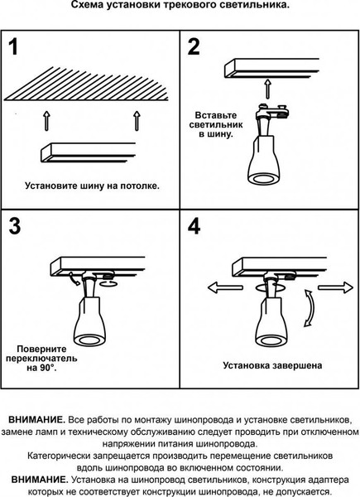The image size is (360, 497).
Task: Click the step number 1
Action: click(x=14, y=48)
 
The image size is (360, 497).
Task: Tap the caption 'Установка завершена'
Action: click(x=271, y=364)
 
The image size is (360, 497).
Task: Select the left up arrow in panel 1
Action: click(x=46, y=121)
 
